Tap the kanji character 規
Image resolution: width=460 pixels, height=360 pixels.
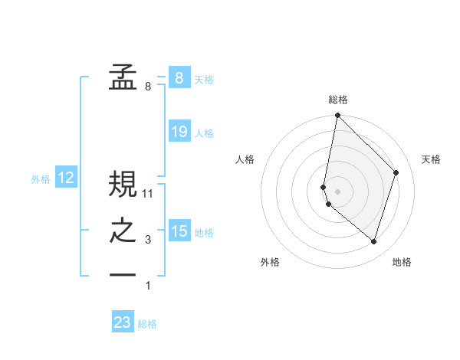point(123,184)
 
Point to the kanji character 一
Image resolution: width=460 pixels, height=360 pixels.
point(123,273)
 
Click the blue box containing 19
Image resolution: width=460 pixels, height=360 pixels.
point(179,132)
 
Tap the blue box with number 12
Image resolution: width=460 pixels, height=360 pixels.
point(66,178)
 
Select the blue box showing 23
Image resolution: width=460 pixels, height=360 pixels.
point(123,322)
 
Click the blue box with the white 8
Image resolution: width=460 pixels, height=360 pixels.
point(179,78)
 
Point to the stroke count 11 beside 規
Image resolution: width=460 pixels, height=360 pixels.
point(148,194)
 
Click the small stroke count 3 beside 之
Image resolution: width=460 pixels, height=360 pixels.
point(148,241)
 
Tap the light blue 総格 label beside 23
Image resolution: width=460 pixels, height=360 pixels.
point(147,324)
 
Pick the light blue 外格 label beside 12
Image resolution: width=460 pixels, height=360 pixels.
point(41,179)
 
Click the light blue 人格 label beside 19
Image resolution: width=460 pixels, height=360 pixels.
point(204,133)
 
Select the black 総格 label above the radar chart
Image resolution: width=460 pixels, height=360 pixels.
point(338,100)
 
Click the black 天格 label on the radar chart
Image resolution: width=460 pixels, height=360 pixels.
point(431,159)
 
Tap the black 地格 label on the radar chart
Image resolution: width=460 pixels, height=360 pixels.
point(402,262)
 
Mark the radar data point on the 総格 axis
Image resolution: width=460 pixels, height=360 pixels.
point(338,116)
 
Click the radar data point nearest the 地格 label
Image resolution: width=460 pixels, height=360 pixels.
point(373,241)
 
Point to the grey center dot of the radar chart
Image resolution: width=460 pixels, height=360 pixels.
point(338,191)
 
